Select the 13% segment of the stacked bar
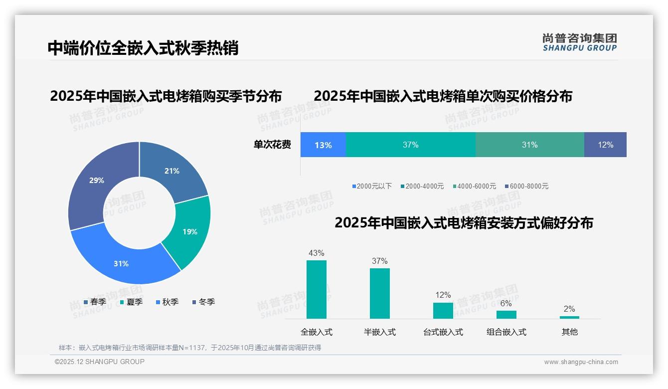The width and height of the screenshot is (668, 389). coord(323,145)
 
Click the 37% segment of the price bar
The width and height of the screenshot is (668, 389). coord(410,145)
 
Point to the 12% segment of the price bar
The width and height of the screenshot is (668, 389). coord(605,145)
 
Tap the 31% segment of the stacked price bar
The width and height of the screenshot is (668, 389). coord(529,145)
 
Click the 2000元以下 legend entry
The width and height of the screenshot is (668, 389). coord(372,186)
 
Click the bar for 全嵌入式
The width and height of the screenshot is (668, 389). coord(317,289)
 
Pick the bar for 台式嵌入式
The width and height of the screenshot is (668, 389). coord(443,310)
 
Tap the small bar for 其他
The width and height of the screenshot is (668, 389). coord(569,317)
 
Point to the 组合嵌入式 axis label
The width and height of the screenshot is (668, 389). coord(506,332)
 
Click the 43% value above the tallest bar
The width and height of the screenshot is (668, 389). coord(317,253)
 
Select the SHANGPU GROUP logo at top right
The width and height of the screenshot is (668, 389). coord(579,42)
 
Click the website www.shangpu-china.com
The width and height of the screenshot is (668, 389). coord(581,362)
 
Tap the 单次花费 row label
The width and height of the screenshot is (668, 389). coord(272,145)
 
